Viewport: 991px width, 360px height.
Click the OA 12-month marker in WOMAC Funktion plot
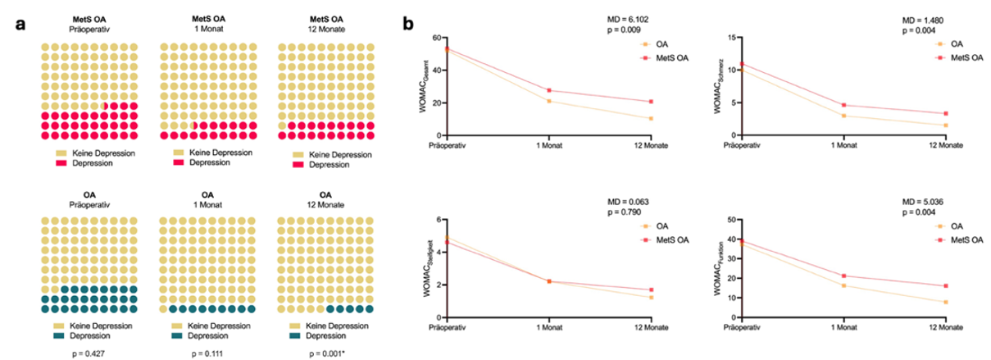(x=946, y=303)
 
